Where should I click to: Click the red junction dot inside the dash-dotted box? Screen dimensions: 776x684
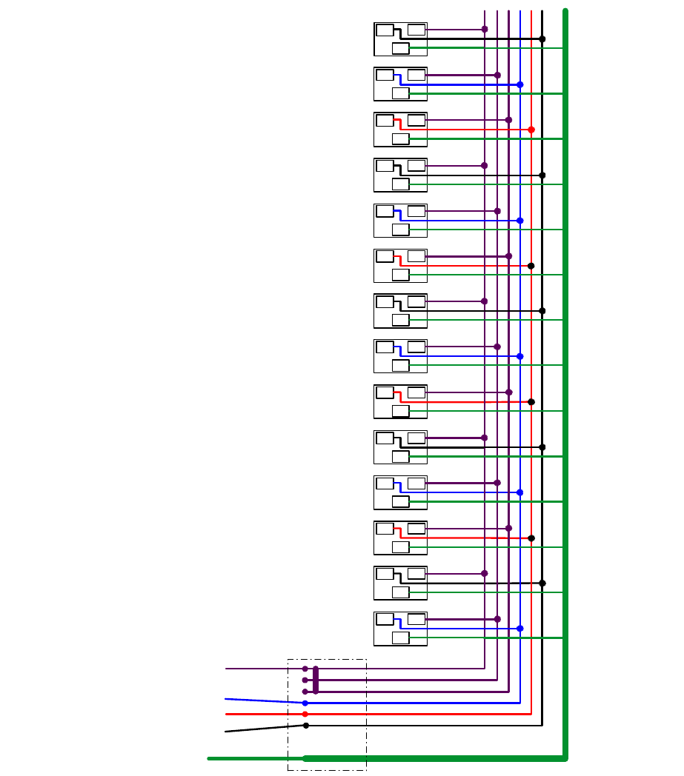(x=305, y=714)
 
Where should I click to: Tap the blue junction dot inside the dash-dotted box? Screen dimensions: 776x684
(x=305, y=703)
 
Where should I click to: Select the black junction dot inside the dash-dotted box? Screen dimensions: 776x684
(x=305, y=726)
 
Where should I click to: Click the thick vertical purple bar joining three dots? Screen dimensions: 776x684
(x=316, y=680)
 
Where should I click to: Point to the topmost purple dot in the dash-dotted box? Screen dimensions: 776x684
(x=305, y=669)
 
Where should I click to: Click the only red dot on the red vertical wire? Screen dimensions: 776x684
(x=531, y=130)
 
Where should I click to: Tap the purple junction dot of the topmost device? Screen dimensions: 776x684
(x=485, y=30)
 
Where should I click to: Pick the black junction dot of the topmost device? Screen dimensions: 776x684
(x=542, y=39)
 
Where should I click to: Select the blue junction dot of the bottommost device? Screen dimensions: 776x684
(x=520, y=629)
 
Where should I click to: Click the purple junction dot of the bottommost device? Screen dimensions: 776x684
(x=497, y=619)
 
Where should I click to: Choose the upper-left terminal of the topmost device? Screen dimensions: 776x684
(x=385, y=30)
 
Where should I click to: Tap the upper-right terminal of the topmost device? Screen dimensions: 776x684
(x=416, y=30)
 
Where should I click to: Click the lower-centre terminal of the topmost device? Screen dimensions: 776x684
(x=400, y=48)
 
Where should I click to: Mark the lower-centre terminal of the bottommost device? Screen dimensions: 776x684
(x=400, y=638)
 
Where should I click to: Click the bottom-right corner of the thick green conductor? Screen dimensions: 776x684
(x=565, y=757)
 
